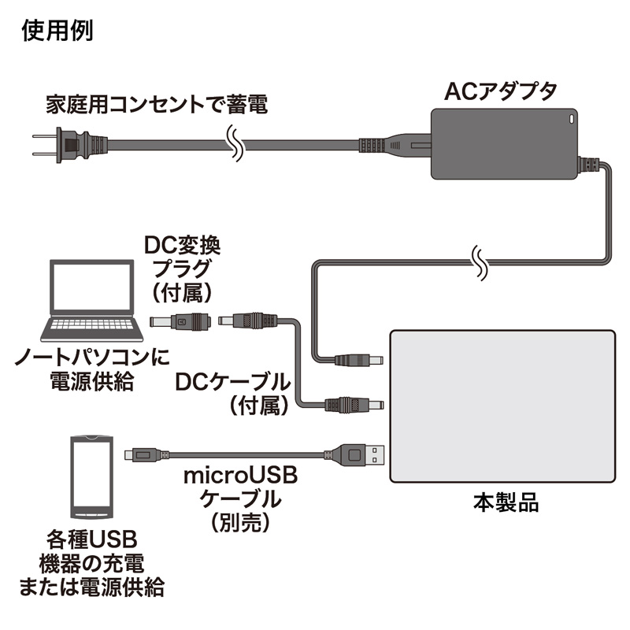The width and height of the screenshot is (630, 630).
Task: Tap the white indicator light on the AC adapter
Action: coord(573,120)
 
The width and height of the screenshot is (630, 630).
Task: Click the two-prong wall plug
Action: coord(71,146)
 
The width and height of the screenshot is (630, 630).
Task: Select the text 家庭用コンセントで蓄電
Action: coord(155,103)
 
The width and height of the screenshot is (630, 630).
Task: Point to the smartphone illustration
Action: coord(90,476)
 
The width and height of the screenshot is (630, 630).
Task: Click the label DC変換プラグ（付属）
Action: coord(182,268)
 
